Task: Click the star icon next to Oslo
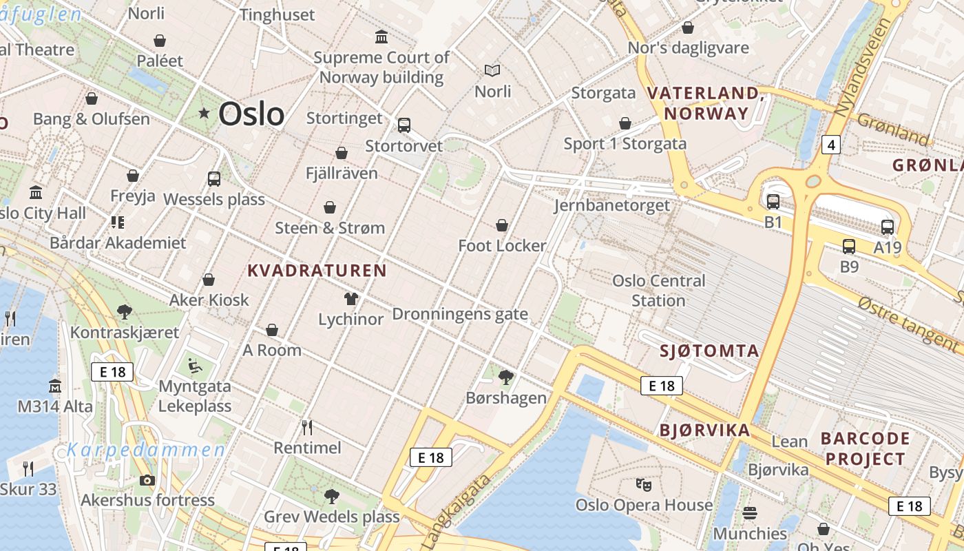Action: (204, 113)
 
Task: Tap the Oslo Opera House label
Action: (644, 505)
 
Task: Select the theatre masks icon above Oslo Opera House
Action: (644, 485)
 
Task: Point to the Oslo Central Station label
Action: (659, 291)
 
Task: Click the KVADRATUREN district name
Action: (317, 270)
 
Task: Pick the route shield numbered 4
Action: (832, 145)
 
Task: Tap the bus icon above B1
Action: (773, 202)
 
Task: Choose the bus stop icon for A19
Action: (888, 227)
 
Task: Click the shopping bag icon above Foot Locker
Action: (502, 225)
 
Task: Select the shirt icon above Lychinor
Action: (351, 299)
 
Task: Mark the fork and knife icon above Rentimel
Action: (307, 428)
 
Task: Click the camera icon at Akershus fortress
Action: (147, 480)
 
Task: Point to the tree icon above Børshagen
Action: (506, 377)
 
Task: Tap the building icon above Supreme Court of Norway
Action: (381, 37)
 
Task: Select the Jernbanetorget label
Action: (612, 205)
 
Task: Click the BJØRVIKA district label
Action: (704, 430)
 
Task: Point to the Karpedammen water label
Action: (146, 450)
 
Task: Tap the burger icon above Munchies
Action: (750, 513)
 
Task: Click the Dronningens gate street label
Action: (460, 315)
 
